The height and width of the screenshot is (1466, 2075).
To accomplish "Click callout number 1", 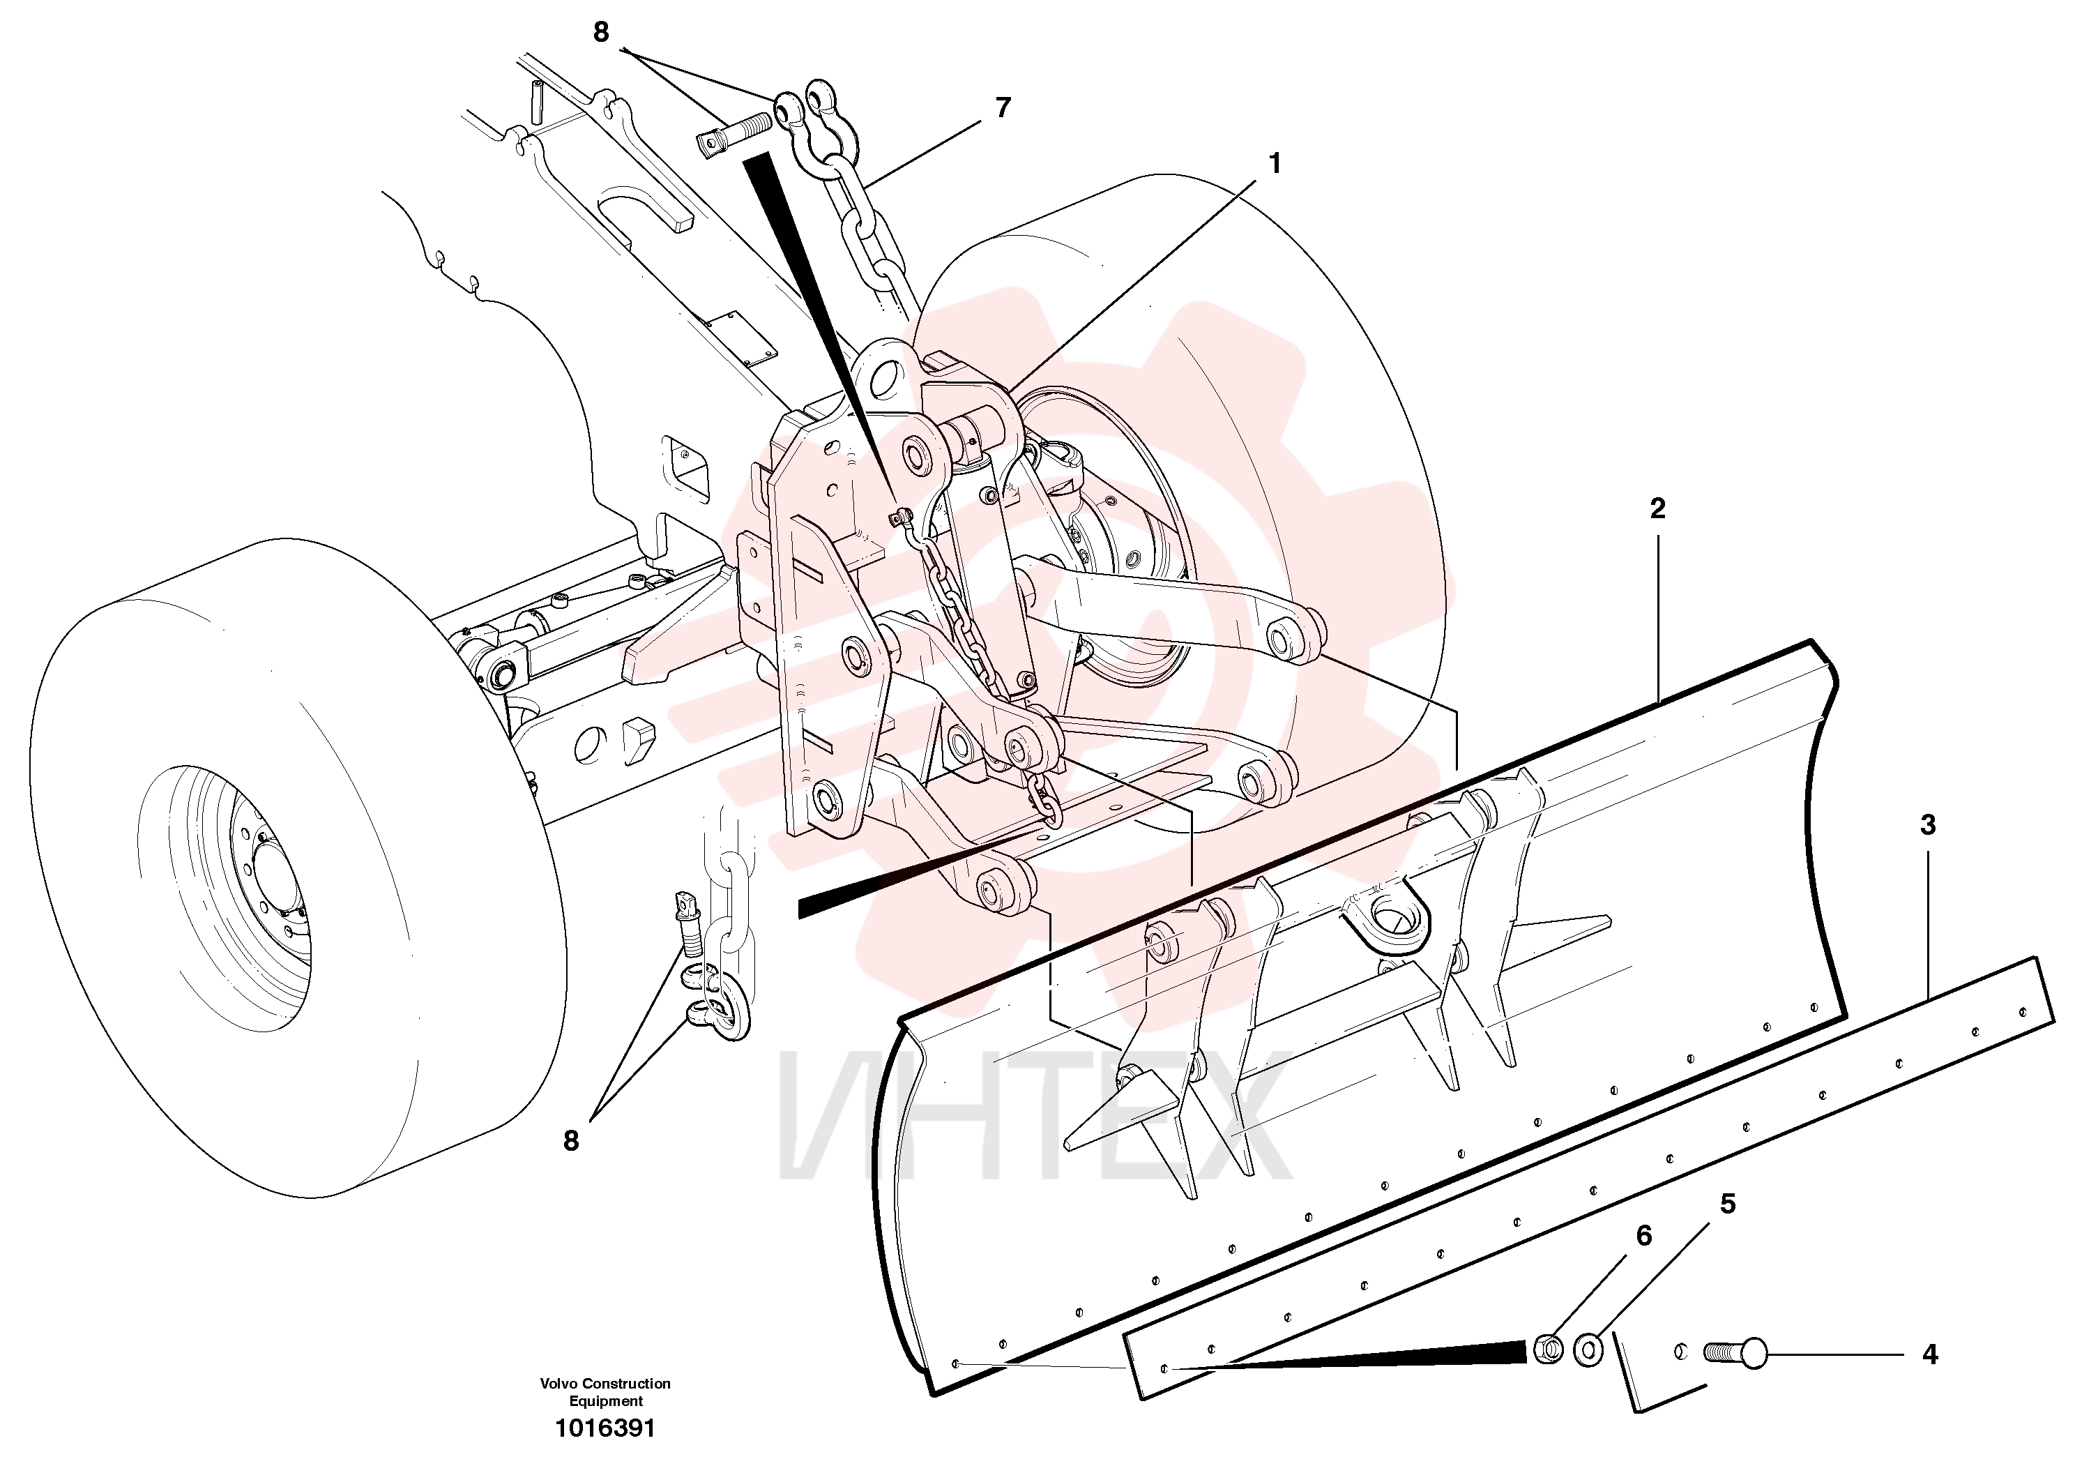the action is coord(1275,164).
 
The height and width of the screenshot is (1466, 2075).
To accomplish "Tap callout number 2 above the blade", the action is coord(1657,509).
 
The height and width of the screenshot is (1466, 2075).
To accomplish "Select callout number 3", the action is coord(1928,825).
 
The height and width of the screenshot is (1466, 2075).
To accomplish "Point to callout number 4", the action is coord(1929,1355).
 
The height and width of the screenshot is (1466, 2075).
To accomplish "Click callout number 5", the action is coord(1728,1204).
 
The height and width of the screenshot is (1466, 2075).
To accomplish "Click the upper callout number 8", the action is coord(601,33).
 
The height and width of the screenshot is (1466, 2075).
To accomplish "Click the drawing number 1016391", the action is coord(605,1428).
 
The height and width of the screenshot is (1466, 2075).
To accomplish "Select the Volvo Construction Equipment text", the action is coord(605,1392).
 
